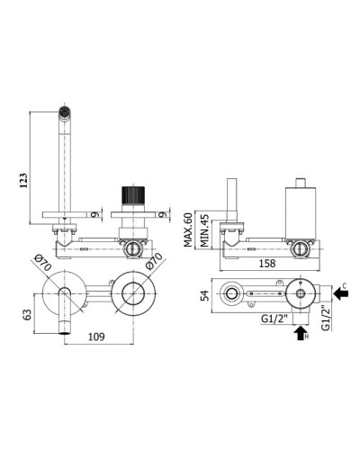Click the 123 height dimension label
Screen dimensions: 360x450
coord(24,180)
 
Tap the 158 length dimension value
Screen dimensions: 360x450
coord(267,264)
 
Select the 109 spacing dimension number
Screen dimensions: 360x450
coord(96,337)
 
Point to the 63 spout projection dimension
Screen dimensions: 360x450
coord(27,314)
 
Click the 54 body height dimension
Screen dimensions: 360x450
coord(205,295)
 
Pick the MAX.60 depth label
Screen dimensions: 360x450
coord(188,229)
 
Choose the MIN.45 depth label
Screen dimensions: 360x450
coord(204,230)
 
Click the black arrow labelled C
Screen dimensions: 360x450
coord(340,293)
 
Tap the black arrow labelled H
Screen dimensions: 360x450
coord(300,333)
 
